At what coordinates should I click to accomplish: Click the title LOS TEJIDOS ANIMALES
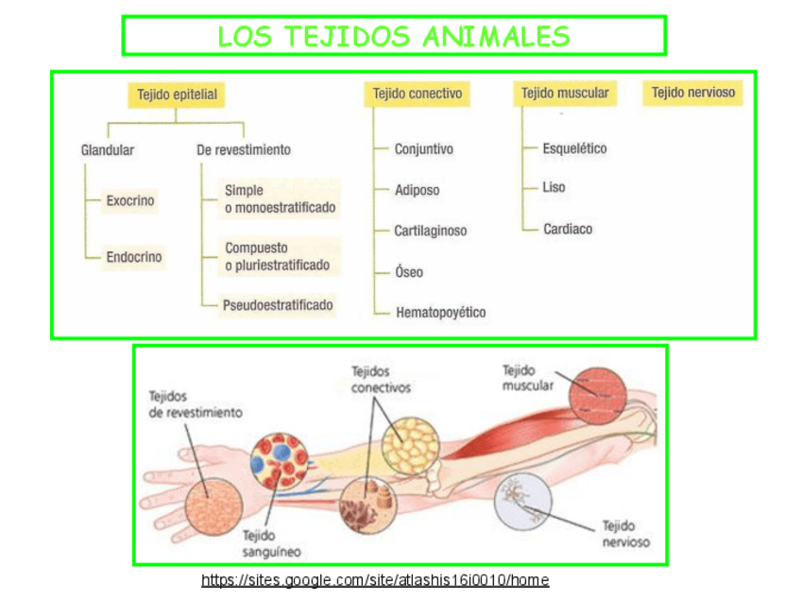click(x=393, y=37)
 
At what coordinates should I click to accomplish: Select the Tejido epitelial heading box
click(x=177, y=94)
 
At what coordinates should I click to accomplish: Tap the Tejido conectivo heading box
click(x=417, y=94)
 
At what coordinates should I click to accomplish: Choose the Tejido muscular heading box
click(x=565, y=94)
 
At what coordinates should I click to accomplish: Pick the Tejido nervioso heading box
click(x=692, y=93)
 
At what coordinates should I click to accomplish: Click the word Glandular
click(x=108, y=149)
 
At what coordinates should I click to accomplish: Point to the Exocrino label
click(x=130, y=200)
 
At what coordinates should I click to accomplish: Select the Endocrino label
click(x=133, y=257)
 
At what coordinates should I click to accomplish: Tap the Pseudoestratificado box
click(x=278, y=304)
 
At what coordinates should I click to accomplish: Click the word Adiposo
click(x=417, y=190)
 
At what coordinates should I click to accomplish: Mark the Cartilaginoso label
click(x=431, y=231)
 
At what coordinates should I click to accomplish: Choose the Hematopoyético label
click(x=440, y=312)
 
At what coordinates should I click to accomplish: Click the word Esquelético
click(x=574, y=148)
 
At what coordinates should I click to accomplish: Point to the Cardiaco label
click(x=568, y=229)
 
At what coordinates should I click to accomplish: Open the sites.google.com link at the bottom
click(x=375, y=580)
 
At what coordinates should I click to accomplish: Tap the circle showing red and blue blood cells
click(x=279, y=459)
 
